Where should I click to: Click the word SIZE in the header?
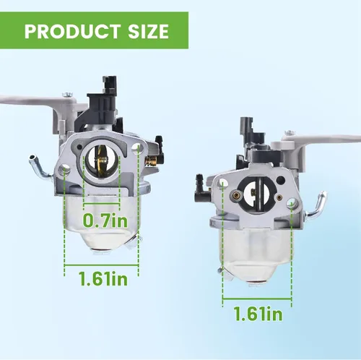point(148,31)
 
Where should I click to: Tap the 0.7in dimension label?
point(105,220)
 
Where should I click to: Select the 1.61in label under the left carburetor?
point(103,279)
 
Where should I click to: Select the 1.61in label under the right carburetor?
point(258,314)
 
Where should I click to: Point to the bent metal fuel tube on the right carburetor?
point(316,204)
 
